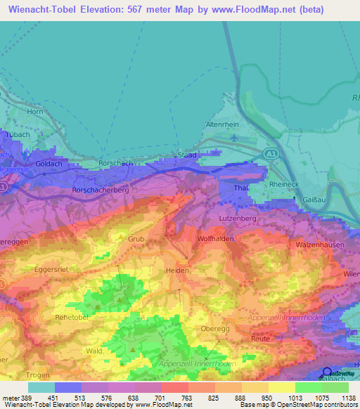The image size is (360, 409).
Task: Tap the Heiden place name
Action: click(177, 271)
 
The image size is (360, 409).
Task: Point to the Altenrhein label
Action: click(221, 124)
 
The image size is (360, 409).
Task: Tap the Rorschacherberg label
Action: click(103, 190)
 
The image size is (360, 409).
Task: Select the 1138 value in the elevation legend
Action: click(349, 398)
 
